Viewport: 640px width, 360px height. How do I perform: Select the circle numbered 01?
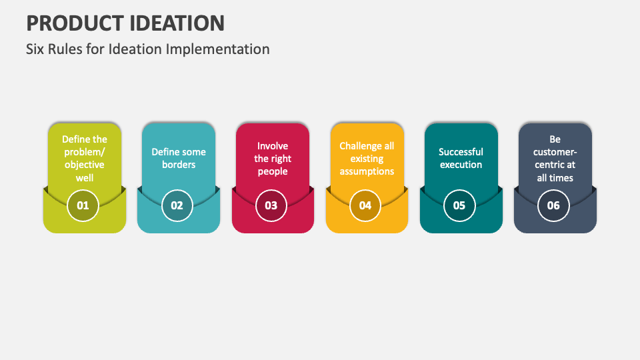click(83, 205)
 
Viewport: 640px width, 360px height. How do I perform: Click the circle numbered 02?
click(177, 205)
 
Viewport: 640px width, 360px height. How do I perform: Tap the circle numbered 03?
click(271, 205)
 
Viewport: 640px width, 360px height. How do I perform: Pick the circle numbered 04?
click(365, 205)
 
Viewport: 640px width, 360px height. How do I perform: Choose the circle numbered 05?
click(459, 205)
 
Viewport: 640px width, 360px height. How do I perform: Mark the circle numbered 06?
click(553, 205)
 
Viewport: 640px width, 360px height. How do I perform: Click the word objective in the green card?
click(85, 165)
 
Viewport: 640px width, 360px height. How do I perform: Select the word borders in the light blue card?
click(179, 165)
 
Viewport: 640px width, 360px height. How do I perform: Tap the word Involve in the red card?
click(273, 146)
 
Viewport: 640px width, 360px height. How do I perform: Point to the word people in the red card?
click(273, 171)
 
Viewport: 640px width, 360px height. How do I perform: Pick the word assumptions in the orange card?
click(367, 171)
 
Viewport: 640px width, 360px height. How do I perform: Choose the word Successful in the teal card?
click(461, 152)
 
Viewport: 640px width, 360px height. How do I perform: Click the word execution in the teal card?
click(461, 165)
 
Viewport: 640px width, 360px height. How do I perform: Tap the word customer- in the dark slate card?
click(555, 152)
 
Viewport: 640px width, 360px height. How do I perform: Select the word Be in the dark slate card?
click(555, 139)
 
